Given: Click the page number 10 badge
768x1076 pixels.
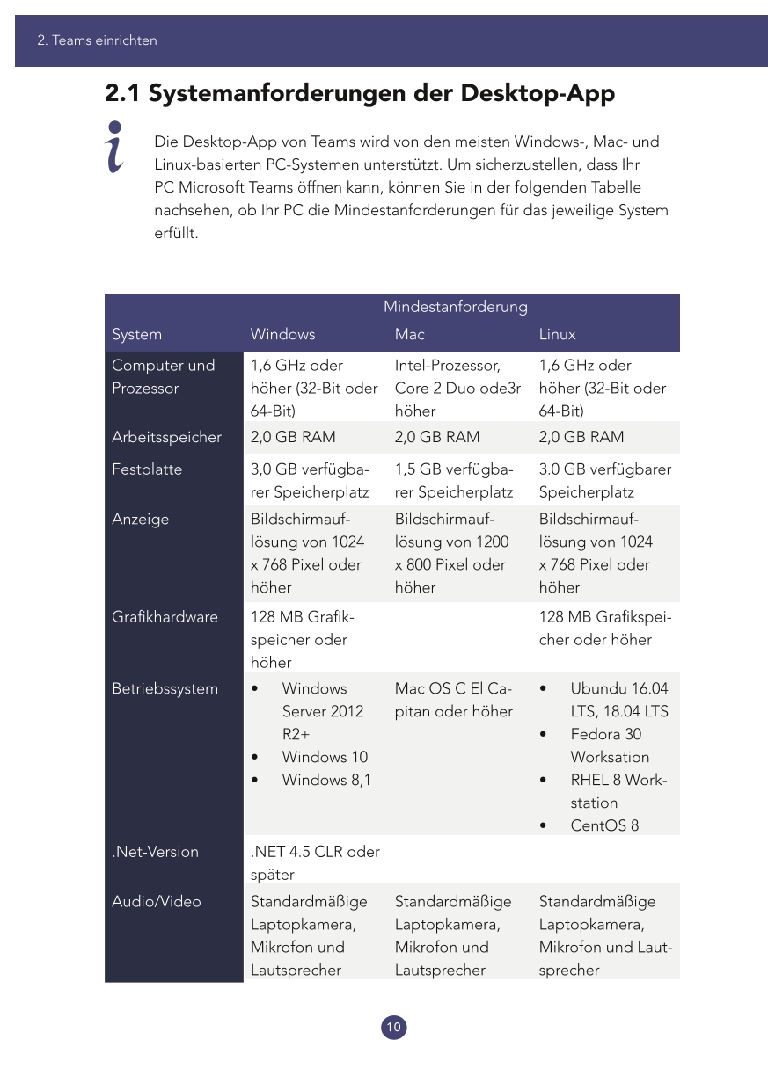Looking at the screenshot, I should point(394,1027).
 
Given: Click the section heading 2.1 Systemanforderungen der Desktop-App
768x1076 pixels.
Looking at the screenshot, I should point(360,93).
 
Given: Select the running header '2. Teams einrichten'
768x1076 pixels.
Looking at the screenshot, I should point(97,40).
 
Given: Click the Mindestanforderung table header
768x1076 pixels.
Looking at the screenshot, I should point(455,307).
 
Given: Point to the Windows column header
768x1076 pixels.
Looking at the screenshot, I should point(282,334).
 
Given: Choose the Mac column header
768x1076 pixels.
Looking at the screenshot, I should point(410,334).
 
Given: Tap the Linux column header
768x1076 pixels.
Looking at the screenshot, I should point(558,334).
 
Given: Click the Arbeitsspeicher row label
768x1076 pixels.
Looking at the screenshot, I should point(166,437).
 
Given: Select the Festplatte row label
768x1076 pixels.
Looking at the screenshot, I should point(147,469).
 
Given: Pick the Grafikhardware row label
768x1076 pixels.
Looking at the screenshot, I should point(165,617).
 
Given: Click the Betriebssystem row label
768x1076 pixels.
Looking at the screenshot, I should point(165,688).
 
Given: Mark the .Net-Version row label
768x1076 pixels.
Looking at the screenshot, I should point(155,852).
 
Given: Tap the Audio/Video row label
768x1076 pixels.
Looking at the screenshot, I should point(156,901).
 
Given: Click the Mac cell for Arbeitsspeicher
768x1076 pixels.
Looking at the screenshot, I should point(437,437).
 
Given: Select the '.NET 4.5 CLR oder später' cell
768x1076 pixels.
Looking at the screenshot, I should point(315,862).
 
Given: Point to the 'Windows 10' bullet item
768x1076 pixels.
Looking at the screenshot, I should point(325,757).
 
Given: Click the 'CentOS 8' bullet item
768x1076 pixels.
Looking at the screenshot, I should point(604,825).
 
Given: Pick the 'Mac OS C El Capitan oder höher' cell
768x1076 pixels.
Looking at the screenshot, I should point(453,700).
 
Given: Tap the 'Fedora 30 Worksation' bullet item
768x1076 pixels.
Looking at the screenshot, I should point(609,745).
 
